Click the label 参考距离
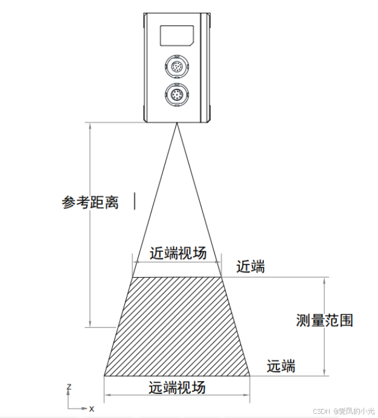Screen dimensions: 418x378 [x=89, y=202]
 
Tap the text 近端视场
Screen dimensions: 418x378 [x=178, y=254]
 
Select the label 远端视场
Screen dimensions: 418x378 [x=177, y=387]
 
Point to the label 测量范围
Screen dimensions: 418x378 [x=325, y=320]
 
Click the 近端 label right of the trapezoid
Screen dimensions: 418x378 [x=251, y=266]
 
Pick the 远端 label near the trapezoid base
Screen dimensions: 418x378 [x=281, y=365]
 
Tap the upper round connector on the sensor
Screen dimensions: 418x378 [x=176, y=66]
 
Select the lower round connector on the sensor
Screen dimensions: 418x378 [x=176, y=95]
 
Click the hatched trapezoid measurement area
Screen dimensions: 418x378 [x=177, y=326]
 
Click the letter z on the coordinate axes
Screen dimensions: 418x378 [x=69, y=385]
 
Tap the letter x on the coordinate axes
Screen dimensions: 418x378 [x=92, y=409]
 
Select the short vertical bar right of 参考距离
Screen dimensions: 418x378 [x=135, y=201]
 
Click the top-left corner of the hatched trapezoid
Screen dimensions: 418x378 [x=133, y=277]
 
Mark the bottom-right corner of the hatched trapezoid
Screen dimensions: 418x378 [x=250, y=375]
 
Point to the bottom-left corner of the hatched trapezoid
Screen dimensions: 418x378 [x=104, y=375]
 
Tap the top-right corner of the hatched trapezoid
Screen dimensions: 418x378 [x=221, y=277]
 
